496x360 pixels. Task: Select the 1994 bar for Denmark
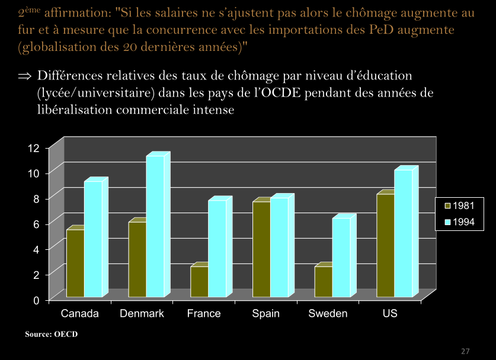click(x=155, y=226)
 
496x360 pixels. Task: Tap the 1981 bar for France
click(x=199, y=281)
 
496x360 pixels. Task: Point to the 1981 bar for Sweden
click(x=323, y=281)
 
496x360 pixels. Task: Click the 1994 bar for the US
click(x=403, y=233)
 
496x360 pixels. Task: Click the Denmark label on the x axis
click(x=142, y=313)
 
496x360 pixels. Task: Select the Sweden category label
click(x=328, y=313)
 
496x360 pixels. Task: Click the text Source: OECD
click(x=51, y=335)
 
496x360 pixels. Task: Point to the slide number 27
click(x=465, y=351)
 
